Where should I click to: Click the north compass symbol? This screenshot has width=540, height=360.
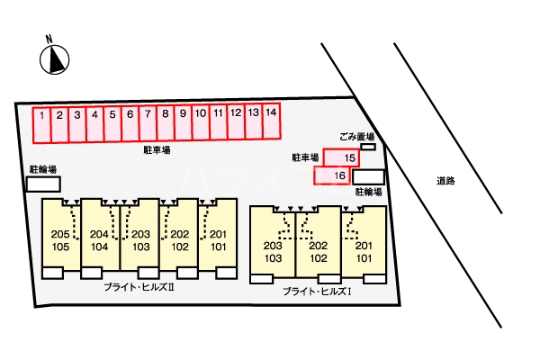coord(54,58)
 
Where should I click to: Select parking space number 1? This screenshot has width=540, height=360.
coord(42,123)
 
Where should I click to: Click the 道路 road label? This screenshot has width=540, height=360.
coord(445,181)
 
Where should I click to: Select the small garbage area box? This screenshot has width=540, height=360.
coord(367,147)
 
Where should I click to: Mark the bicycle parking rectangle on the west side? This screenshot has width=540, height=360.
coord(43,184)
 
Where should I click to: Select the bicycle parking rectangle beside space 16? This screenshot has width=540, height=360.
coord(369,177)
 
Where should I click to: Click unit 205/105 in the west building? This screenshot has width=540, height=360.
coord(61,238)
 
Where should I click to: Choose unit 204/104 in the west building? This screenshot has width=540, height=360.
coord(100,238)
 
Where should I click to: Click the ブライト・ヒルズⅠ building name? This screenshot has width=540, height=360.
coord(316,291)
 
